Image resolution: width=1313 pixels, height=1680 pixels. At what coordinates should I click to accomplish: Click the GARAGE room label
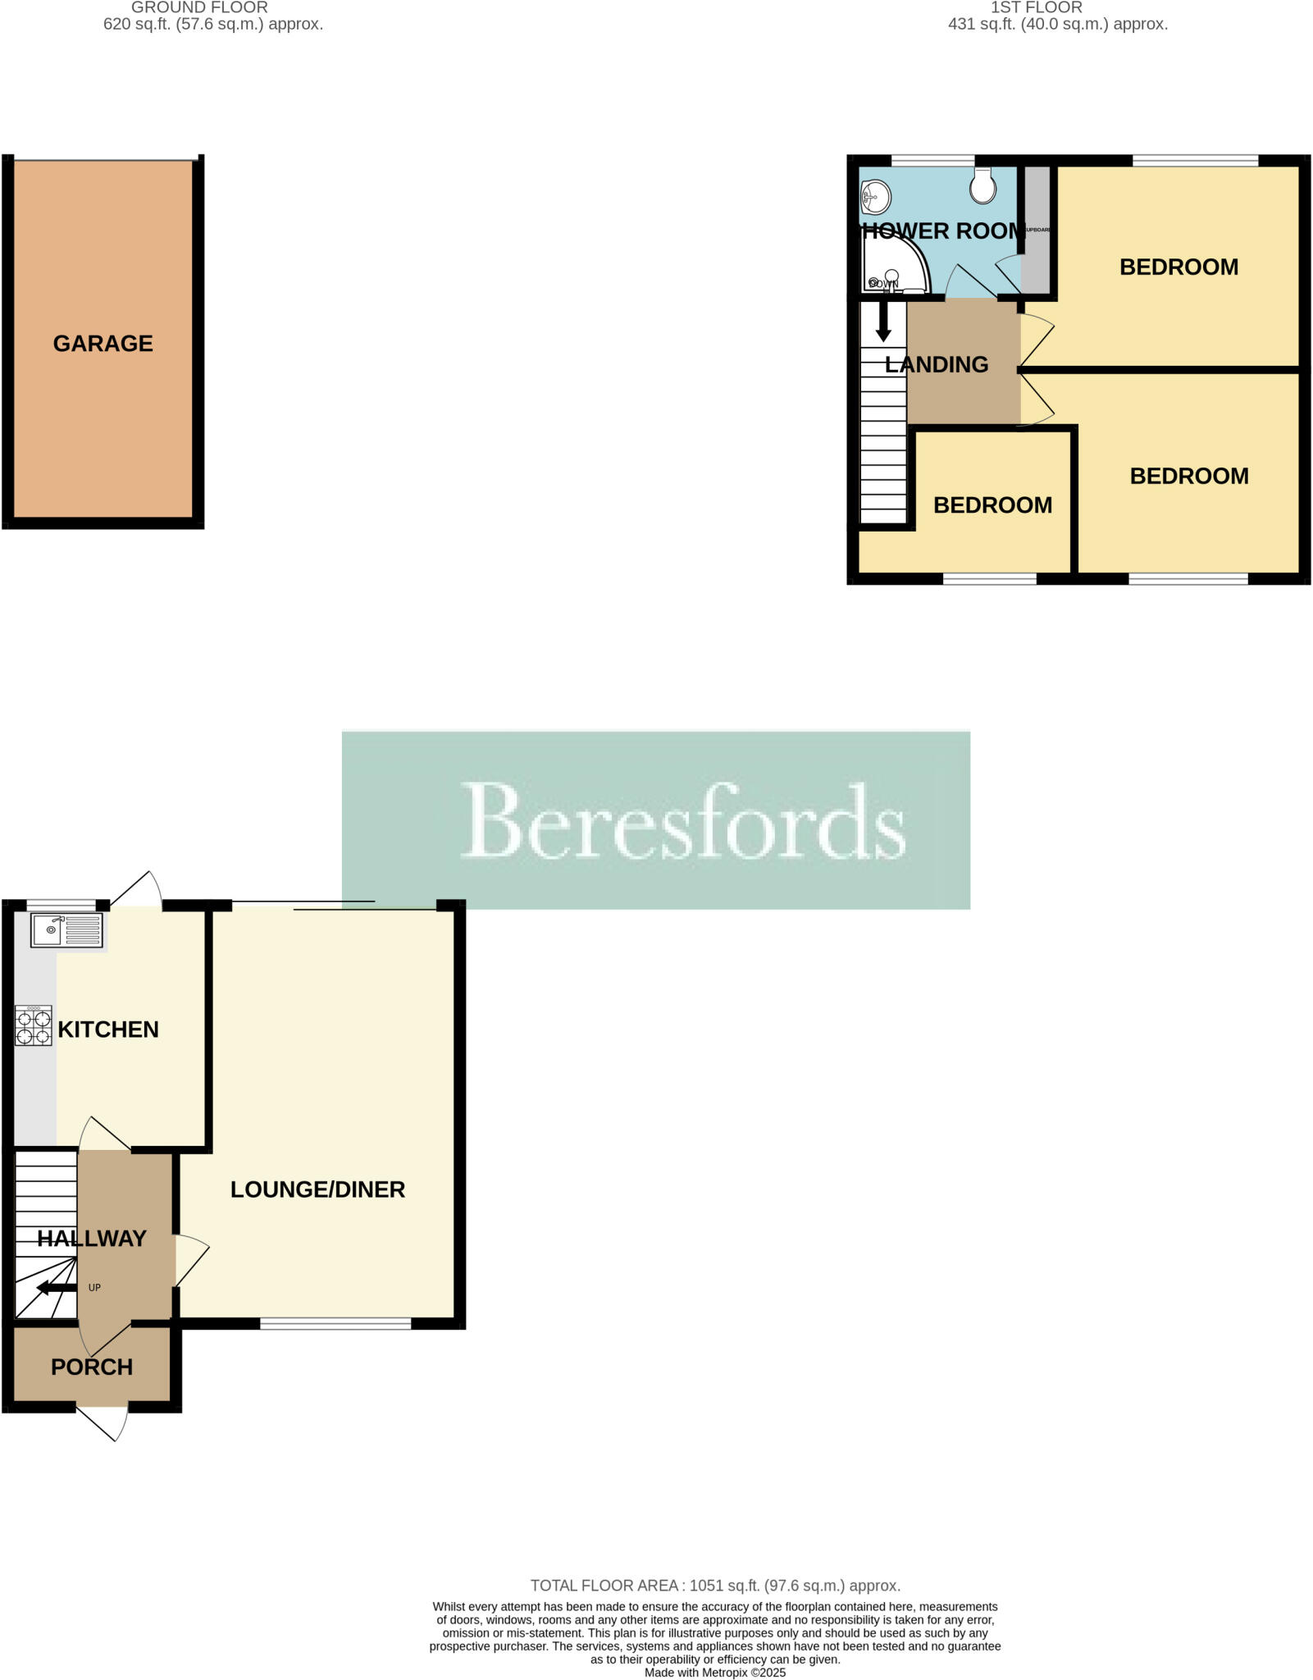point(103,344)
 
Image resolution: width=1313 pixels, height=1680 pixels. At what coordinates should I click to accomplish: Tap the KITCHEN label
point(108,1029)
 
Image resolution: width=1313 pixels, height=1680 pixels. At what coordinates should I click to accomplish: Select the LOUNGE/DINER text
point(317,1189)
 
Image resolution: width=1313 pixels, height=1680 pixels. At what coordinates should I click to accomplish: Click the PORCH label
point(92,1367)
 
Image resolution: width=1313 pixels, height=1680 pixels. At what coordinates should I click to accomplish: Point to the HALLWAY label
point(92,1238)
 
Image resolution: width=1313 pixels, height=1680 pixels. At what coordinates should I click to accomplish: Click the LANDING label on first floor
point(937,365)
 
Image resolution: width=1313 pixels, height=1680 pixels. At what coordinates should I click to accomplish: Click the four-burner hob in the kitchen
point(34,1025)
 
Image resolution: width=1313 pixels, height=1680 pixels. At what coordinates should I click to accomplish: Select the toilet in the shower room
point(982,186)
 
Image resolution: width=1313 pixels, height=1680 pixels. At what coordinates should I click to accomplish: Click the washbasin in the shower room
point(877,196)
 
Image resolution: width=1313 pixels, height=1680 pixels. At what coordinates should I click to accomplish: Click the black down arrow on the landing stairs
point(883,322)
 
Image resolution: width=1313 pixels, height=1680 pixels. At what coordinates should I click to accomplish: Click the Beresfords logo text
point(683,821)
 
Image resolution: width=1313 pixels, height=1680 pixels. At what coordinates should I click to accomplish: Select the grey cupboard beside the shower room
point(1037,230)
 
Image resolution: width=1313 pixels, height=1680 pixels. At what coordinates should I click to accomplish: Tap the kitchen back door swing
point(137,889)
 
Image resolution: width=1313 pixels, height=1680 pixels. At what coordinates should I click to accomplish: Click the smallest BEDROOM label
point(992,505)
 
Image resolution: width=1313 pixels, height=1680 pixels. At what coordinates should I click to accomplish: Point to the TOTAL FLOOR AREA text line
point(715,1586)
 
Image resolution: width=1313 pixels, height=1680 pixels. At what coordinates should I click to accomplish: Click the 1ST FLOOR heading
point(1037,8)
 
